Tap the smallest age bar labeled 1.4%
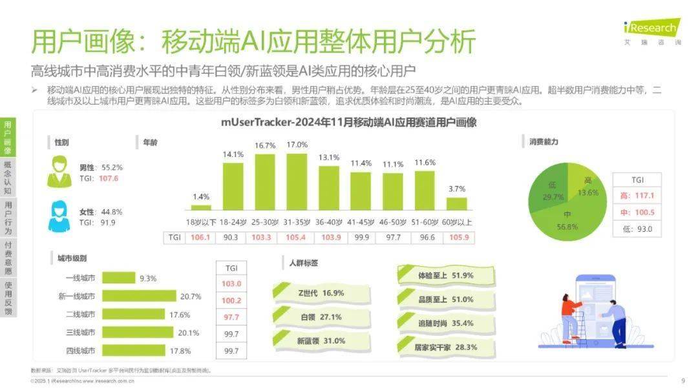click(201, 207)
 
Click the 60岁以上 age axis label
click(456, 222)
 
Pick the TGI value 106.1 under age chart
click(201, 238)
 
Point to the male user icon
click(59, 172)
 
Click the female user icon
click(59, 216)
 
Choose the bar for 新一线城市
click(139, 296)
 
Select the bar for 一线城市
click(118, 278)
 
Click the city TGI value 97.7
click(231, 317)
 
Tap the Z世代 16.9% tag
click(321, 293)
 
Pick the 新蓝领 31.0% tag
click(321, 341)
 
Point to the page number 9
click(683, 381)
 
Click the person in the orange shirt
click(569, 316)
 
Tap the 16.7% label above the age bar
click(265, 146)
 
